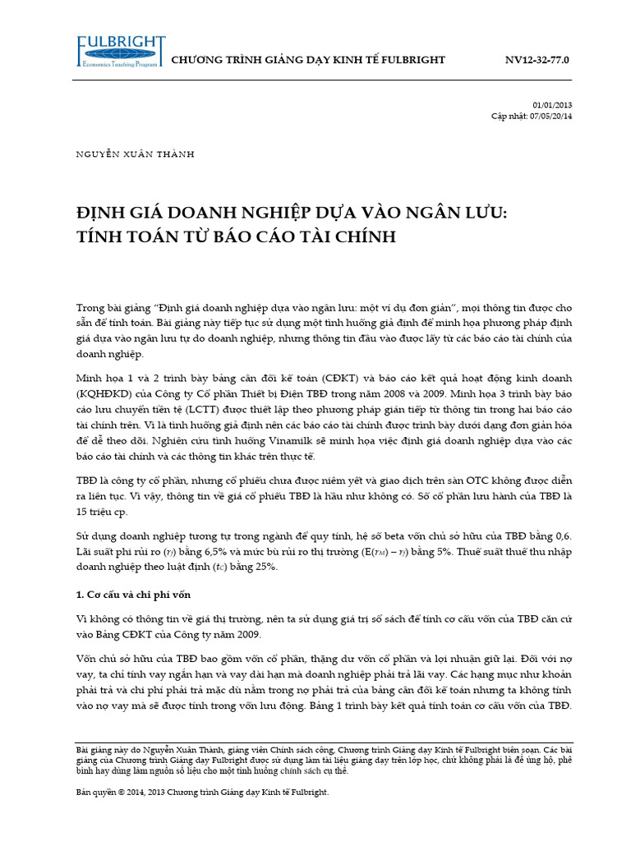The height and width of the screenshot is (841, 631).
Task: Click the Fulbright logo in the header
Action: (121, 55)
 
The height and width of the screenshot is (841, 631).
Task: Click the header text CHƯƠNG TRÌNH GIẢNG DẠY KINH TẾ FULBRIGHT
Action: (306, 60)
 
